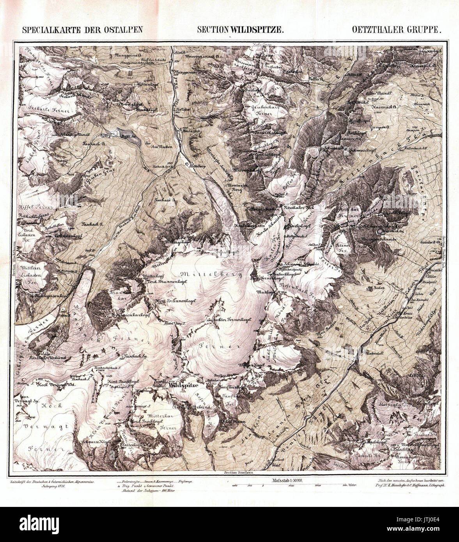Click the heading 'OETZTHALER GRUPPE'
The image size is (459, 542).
397,29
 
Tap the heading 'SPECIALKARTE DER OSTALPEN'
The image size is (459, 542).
82,29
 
